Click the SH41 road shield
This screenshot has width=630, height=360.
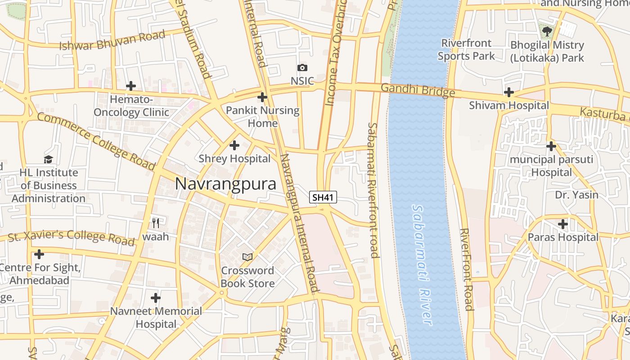tap(323, 197)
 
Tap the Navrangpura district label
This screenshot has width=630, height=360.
tap(225, 184)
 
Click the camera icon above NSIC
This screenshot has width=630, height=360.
tap(302, 68)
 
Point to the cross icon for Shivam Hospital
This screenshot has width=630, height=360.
tap(509, 92)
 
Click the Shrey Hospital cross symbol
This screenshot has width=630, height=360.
tap(234, 145)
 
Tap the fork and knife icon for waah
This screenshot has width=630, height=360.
tap(156, 222)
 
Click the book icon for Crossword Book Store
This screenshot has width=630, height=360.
tap(247, 257)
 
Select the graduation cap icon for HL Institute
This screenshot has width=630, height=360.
tap(48, 159)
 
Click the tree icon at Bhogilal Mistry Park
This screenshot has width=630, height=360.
tap(547, 31)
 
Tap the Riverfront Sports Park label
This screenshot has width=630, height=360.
tap(466, 49)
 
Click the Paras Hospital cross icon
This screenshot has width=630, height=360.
tap(563, 224)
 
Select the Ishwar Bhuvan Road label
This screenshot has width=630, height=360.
tap(112, 40)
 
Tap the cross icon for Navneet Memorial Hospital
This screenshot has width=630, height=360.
tap(156, 298)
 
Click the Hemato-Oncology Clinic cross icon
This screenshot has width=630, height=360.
tap(131, 85)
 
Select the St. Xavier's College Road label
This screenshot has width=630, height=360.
tap(71, 237)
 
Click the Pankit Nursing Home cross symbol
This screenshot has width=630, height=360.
tap(262, 97)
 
